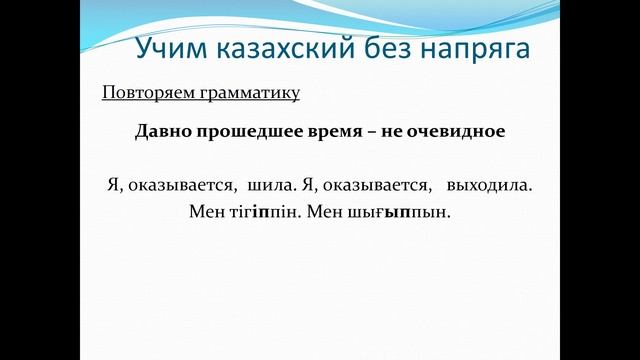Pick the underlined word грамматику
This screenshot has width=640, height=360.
(x=250, y=94)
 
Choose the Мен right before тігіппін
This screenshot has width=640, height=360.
(x=207, y=212)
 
